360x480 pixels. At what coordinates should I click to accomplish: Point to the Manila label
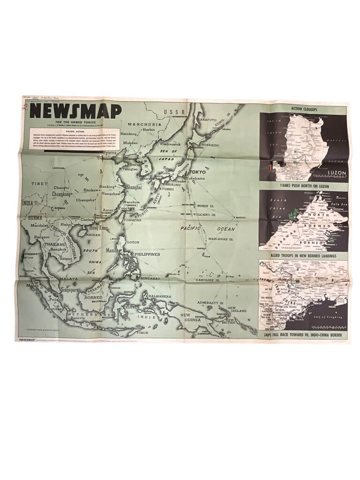[x=113, y=250]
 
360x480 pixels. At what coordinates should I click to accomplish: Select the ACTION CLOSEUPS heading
[x=304, y=109]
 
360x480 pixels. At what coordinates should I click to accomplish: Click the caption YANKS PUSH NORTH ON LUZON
[x=304, y=186]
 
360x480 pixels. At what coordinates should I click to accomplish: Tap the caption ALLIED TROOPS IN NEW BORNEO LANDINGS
[x=304, y=255]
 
